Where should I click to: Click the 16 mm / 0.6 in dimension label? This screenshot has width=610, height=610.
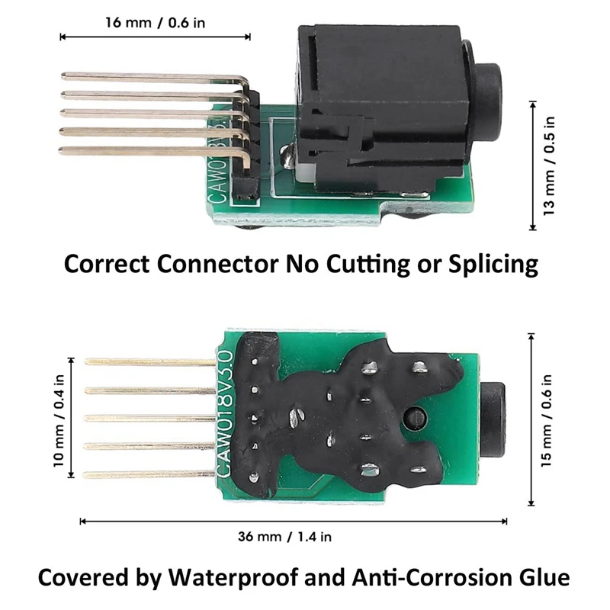156,23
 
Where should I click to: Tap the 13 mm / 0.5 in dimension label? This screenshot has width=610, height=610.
548,165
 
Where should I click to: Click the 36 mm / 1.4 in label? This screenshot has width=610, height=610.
284,537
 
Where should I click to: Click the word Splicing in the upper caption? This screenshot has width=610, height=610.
493,265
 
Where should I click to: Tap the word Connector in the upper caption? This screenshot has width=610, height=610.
218,264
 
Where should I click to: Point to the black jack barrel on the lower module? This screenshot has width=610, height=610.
493,419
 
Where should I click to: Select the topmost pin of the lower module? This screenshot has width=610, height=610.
150,362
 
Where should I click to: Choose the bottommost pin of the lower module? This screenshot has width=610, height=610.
149,474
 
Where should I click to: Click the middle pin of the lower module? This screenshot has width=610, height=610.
149,418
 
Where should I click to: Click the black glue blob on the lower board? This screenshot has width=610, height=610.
342,413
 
